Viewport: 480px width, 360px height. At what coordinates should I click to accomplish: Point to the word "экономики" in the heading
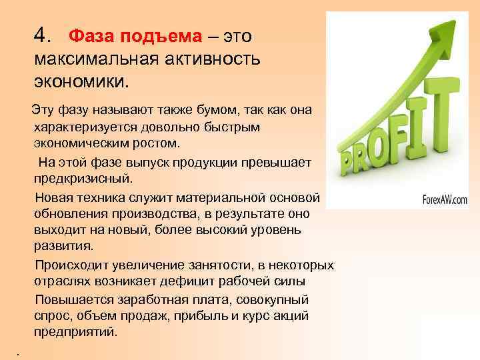click(81, 83)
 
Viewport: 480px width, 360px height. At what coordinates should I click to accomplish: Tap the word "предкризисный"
click(85, 179)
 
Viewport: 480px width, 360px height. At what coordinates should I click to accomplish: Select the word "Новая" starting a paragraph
click(54, 198)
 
